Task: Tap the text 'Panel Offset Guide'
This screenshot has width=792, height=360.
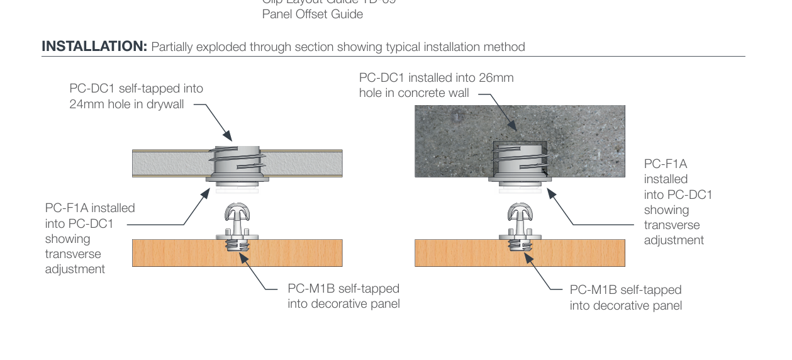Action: tap(312, 14)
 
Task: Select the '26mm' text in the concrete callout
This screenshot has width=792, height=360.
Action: tap(496, 78)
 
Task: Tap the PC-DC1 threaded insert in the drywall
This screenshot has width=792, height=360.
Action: tap(237, 163)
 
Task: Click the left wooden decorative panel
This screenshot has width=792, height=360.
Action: tap(176, 253)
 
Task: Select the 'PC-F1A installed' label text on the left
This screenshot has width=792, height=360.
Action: tap(90, 208)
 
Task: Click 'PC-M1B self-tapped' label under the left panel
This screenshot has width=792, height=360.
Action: tap(343, 289)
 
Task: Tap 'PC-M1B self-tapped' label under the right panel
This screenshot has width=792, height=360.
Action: tap(625, 290)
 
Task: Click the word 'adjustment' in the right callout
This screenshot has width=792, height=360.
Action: tap(674, 240)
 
